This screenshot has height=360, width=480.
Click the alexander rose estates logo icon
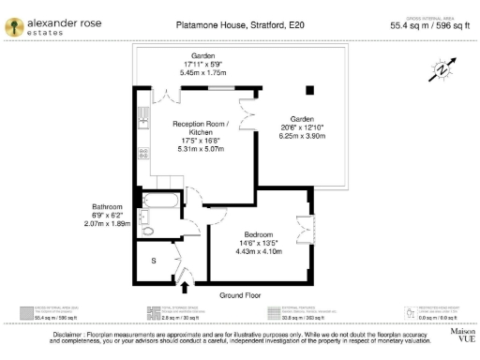[x=15, y=26]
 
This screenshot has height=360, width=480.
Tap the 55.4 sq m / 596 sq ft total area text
[x=428, y=27]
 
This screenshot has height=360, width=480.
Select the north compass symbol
[x=442, y=69]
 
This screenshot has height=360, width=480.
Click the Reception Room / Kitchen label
[x=199, y=127]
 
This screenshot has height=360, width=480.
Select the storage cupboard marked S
[x=154, y=262]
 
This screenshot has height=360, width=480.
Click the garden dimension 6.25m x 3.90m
[x=301, y=136]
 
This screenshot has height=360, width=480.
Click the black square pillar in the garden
[x=307, y=91]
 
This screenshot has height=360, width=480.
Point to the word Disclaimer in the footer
[x=71, y=334]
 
